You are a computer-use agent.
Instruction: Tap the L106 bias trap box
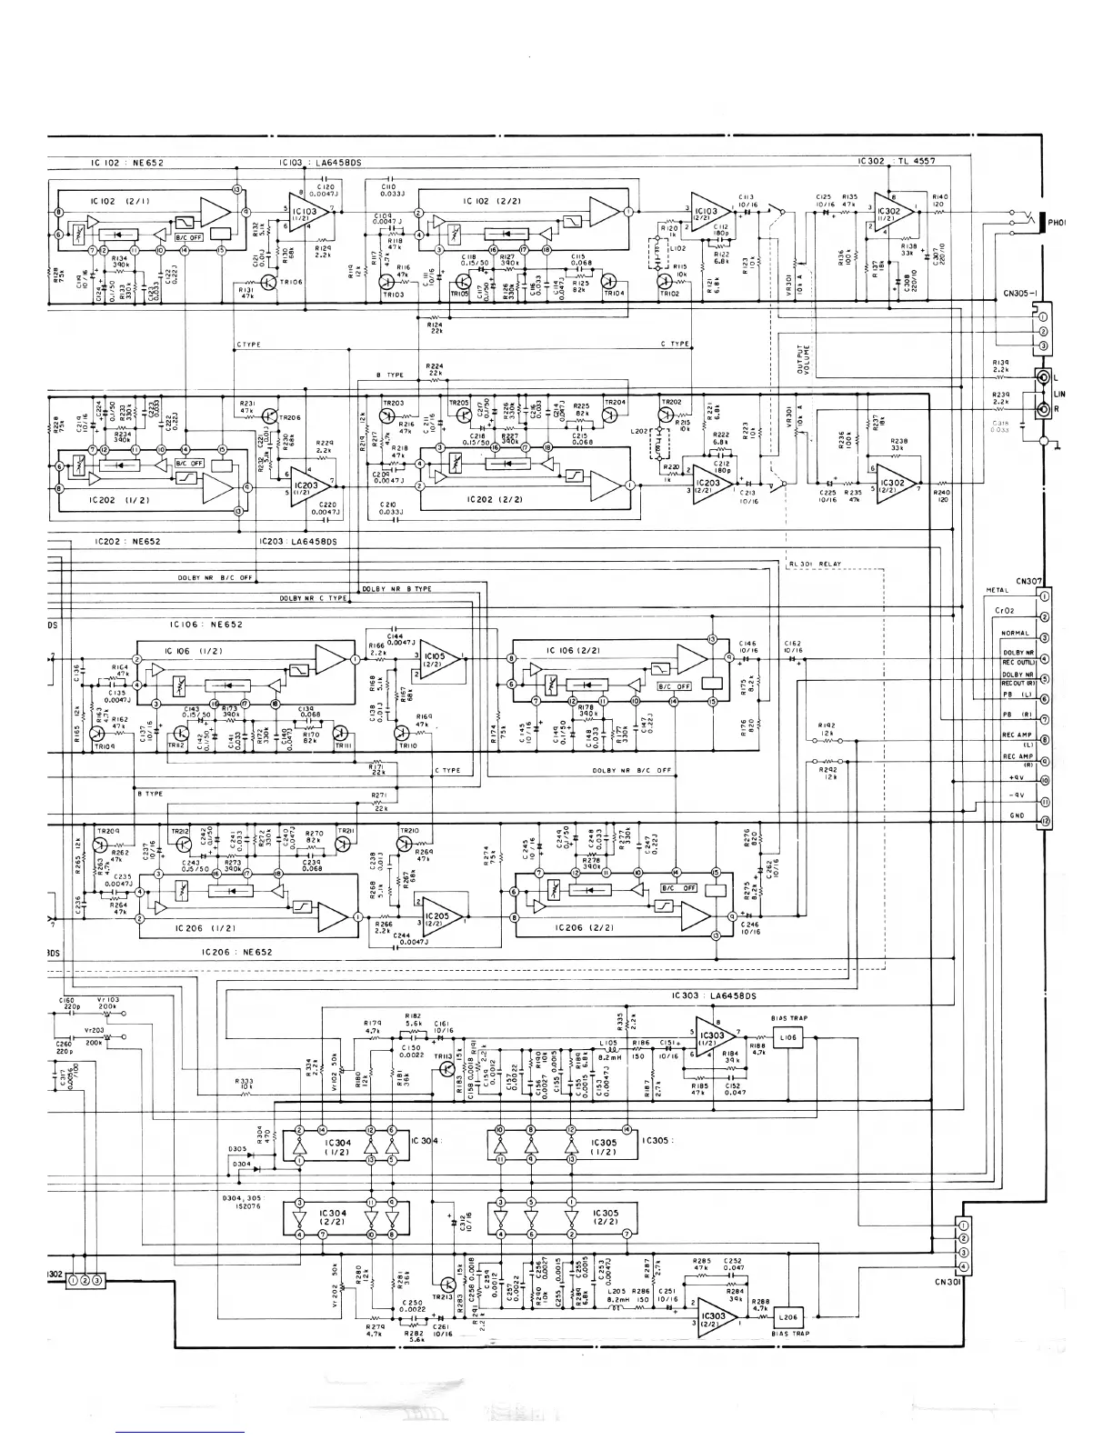point(787,1037)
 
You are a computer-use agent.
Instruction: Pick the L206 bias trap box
point(787,1317)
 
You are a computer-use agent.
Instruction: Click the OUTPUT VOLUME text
point(802,359)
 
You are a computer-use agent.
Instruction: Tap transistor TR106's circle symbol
point(270,283)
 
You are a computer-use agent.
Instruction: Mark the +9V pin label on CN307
point(1017,779)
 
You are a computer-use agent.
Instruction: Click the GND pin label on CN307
point(1017,815)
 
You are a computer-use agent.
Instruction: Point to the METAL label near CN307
point(998,590)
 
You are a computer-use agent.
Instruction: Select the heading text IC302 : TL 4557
point(890,161)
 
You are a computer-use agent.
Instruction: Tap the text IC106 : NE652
point(206,625)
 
